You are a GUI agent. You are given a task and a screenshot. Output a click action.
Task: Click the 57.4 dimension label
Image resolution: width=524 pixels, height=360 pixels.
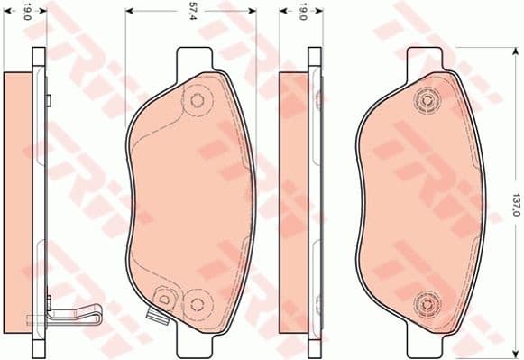[192, 12]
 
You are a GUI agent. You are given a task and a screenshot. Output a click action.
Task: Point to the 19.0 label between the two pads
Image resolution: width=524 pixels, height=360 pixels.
[305, 12]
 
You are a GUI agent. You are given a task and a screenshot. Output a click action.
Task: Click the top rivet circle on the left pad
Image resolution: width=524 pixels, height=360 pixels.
[196, 100]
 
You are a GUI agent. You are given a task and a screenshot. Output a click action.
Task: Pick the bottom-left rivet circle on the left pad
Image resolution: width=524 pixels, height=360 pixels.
[163, 295]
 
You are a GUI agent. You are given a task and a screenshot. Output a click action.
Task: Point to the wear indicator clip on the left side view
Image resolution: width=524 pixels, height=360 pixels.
[68, 318]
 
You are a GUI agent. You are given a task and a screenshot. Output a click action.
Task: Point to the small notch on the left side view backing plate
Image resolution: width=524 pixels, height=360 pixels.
[51, 98]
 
